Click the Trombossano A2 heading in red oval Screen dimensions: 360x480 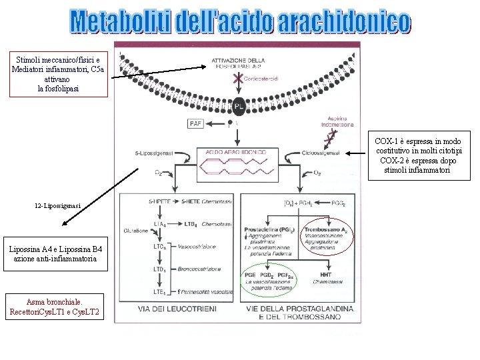coord(325,230)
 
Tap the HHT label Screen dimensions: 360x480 coord(325,274)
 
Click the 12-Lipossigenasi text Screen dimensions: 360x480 coord(59,206)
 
